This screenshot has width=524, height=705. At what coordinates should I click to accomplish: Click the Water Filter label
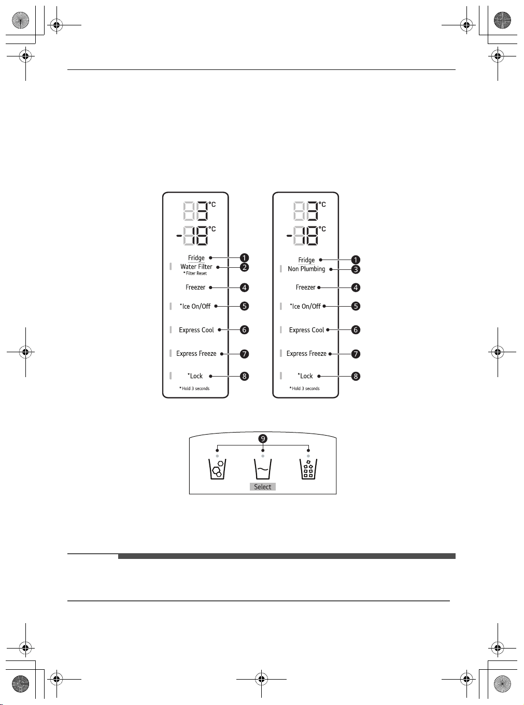196,267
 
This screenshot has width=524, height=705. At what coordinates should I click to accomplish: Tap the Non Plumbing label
306,269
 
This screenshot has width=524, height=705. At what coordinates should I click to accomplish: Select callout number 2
244,267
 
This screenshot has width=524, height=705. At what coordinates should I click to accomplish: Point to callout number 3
356,269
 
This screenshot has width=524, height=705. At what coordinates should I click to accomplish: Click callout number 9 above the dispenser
263,439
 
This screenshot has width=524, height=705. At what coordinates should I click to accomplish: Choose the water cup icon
263,469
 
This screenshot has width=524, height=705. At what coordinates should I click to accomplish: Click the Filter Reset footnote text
195,274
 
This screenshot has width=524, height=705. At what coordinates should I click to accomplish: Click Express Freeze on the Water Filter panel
196,354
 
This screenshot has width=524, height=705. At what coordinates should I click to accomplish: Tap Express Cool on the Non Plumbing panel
306,330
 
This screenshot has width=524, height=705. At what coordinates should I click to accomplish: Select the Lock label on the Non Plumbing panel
305,376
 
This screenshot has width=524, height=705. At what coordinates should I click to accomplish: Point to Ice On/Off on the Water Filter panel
195,307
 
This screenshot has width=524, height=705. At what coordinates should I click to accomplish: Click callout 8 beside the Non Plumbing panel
356,377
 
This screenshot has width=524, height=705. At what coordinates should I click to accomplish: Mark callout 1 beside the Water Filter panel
244,258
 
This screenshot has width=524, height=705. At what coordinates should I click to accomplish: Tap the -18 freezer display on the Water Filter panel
192,236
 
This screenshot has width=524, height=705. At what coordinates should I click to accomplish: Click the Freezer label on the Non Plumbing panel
305,287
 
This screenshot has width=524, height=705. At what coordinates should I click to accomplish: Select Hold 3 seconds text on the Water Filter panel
194,389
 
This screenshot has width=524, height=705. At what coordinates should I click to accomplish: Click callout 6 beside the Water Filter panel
244,330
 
